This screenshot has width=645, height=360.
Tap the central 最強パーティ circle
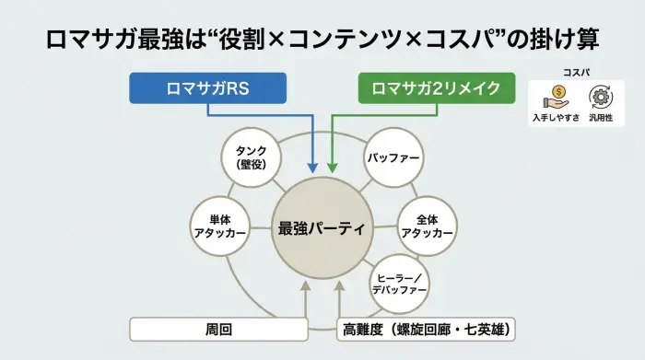click(322, 226)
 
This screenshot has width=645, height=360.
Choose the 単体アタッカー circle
click(219, 226)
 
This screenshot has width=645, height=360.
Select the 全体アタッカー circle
click(426, 226)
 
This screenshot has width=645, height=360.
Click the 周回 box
click(217, 329)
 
